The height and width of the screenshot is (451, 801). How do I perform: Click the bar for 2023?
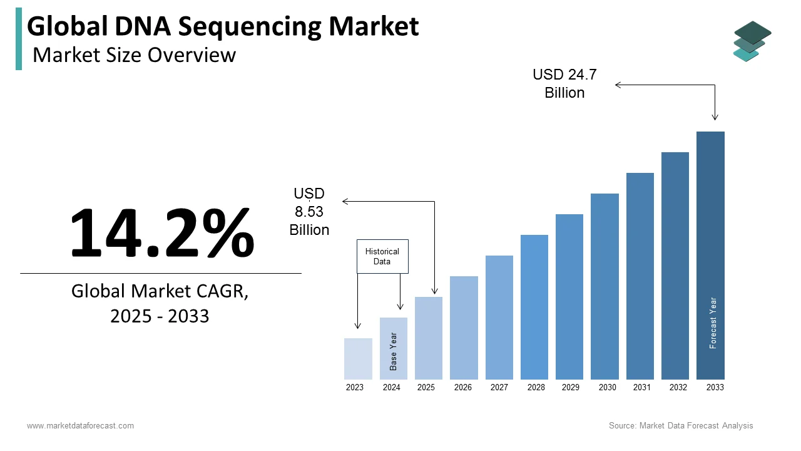pos(358,359)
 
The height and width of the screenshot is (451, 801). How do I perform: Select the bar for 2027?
pos(499,318)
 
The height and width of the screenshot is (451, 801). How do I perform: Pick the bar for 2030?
pos(605,286)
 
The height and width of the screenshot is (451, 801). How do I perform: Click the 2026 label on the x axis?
pos(463,388)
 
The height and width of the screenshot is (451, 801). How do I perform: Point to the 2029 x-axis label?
pos(570,388)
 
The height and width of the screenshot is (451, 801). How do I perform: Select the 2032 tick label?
pos(678,388)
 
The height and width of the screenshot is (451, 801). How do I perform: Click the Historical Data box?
pos(382,256)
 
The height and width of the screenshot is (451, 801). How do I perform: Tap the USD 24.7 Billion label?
pos(564,84)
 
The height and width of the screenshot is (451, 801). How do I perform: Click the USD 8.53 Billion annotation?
pos(309,212)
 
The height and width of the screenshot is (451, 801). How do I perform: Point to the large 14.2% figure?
pos(161,232)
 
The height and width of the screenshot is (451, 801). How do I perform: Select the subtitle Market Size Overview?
pos(134,55)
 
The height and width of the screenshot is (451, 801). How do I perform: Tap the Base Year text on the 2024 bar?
pos(394,351)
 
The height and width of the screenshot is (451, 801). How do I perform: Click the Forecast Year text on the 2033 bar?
pos(713,323)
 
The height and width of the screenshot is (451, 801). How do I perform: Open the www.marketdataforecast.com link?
pos(80,426)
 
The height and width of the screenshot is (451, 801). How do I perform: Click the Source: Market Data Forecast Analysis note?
pos(681,426)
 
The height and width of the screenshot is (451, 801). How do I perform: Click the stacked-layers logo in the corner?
pos(752,41)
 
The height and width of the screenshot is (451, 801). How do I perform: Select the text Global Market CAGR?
pos(160,291)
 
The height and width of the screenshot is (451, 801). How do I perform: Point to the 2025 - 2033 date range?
pos(160,316)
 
